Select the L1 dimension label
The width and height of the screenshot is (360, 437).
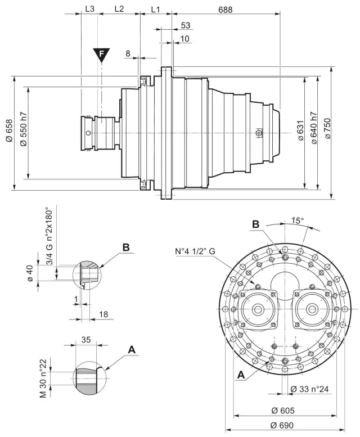tap(156, 10)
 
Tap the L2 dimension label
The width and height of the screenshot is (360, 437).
tap(119, 10)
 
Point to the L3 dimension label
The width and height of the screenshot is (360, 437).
tap(89, 10)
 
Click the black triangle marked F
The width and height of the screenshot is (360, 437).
tap(102, 54)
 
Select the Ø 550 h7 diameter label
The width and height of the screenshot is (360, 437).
tap(23, 133)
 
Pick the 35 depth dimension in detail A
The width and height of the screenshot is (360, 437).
tap(85, 340)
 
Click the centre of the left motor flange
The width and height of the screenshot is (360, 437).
tap(258, 309)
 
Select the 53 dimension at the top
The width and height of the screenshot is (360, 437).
tap(186, 26)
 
